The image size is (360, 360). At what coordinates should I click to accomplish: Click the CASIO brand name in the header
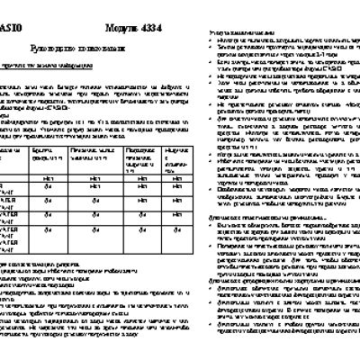(12, 12)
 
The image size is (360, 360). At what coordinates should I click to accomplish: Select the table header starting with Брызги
(47, 157)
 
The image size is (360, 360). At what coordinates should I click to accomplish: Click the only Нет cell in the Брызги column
(47, 177)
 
